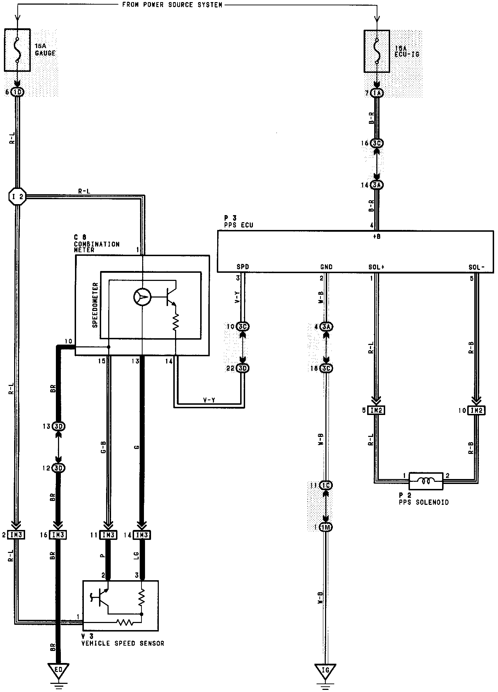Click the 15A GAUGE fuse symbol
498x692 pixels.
17,50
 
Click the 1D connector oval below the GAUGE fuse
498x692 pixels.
17,92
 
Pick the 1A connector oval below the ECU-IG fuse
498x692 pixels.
377,93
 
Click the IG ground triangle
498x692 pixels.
325,669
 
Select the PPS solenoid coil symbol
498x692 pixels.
425,481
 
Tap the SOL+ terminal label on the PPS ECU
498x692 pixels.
376,267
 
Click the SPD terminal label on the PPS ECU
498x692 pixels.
243,267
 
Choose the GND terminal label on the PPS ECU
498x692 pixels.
326,267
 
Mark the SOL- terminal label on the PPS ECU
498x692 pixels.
476,267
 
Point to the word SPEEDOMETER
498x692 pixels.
95,305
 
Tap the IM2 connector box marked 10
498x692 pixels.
476,410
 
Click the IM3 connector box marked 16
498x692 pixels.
58,535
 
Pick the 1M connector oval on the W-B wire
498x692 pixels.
325,527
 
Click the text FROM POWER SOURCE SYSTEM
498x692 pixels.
172,5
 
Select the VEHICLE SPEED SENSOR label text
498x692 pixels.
123,644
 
